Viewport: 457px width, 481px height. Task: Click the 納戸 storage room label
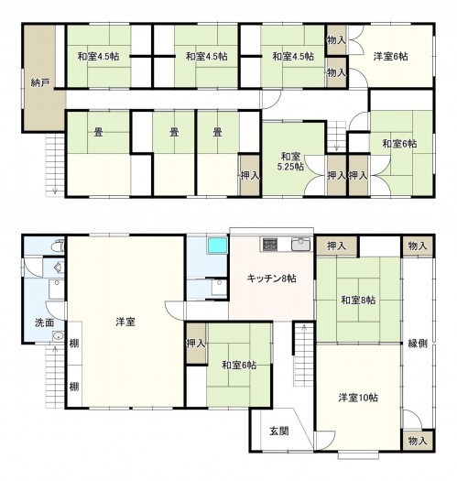(40, 82)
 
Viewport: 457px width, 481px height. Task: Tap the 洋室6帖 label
(390, 57)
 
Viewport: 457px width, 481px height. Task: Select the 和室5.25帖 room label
(290, 161)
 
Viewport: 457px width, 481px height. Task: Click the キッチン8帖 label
(271, 279)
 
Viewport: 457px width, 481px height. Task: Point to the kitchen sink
(301, 245)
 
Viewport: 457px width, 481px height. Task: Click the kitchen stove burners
(270, 245)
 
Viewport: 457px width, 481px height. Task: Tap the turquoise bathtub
(217, 246)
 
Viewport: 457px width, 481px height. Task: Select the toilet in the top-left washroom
(59, 246)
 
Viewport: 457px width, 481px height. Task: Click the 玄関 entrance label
(278, 431)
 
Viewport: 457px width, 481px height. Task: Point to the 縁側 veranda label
(418, 344)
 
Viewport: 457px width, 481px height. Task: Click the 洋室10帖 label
(358, 398)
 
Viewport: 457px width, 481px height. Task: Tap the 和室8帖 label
(358, 300)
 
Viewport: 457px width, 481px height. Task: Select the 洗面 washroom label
(45, 322)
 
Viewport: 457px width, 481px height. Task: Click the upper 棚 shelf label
(74, 344)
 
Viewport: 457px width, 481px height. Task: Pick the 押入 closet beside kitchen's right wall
(336, 246)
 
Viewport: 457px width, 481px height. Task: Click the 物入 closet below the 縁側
(418, 441)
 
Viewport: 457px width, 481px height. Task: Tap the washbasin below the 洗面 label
(58, 336)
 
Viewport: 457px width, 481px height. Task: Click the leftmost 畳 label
(98, 132)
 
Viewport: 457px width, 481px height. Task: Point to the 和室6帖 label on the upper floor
(399, 144)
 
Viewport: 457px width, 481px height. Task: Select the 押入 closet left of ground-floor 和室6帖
(196, 344)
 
